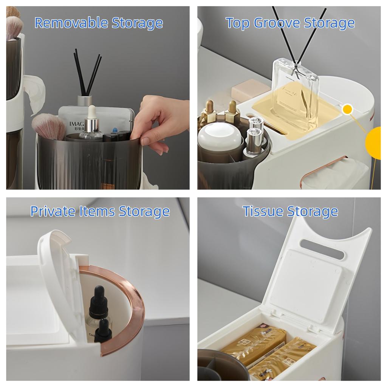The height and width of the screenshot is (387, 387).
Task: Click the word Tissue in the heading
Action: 263,211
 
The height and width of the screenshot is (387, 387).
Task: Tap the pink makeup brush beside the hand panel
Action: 49,126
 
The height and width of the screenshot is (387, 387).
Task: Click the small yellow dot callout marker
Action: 347,110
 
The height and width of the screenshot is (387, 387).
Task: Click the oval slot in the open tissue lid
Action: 322,249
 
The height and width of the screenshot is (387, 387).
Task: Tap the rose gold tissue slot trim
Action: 321,166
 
